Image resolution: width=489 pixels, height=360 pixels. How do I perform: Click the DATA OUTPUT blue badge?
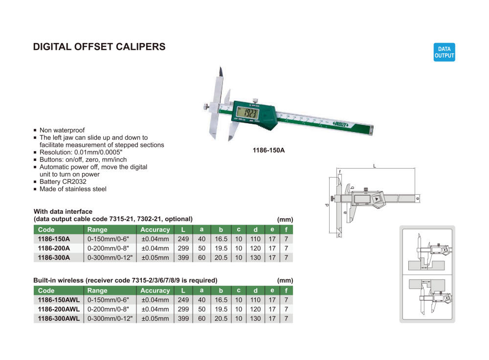(x=444, y=52)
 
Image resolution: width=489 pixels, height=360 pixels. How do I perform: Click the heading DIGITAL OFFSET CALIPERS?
(x=99, y=47)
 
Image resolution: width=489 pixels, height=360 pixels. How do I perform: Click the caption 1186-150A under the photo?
(x=268, y=150)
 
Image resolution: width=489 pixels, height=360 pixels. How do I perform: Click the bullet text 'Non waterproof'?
(x=62, y=130)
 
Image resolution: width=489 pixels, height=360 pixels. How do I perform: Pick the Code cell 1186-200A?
(x=54, y=248)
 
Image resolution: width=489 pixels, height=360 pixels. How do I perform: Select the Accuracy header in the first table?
(x=155, y=229)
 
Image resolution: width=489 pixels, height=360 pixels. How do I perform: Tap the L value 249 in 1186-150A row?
(x=183, y=239)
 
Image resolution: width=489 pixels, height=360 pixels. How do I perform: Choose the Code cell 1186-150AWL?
(x=58, y=300)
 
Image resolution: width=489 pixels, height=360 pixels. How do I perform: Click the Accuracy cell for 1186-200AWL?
(x=155, y=309)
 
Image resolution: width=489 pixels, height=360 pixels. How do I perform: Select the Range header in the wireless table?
(x=97, y=291)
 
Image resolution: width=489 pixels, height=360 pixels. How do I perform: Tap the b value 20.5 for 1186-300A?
(x=221, y=258)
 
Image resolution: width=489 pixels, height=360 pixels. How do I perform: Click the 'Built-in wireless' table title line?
(x=125, y=280)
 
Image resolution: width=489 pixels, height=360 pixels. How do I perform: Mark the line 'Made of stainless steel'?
(x=73, y=189)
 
